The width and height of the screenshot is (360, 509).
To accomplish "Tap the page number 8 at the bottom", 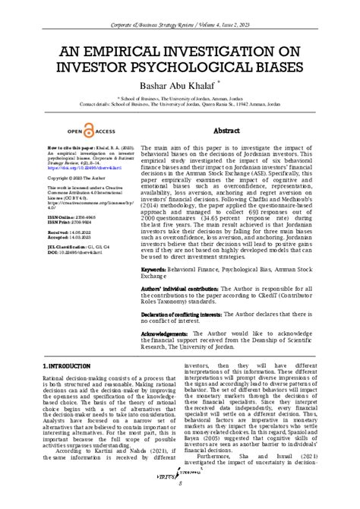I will tap(180, 503).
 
